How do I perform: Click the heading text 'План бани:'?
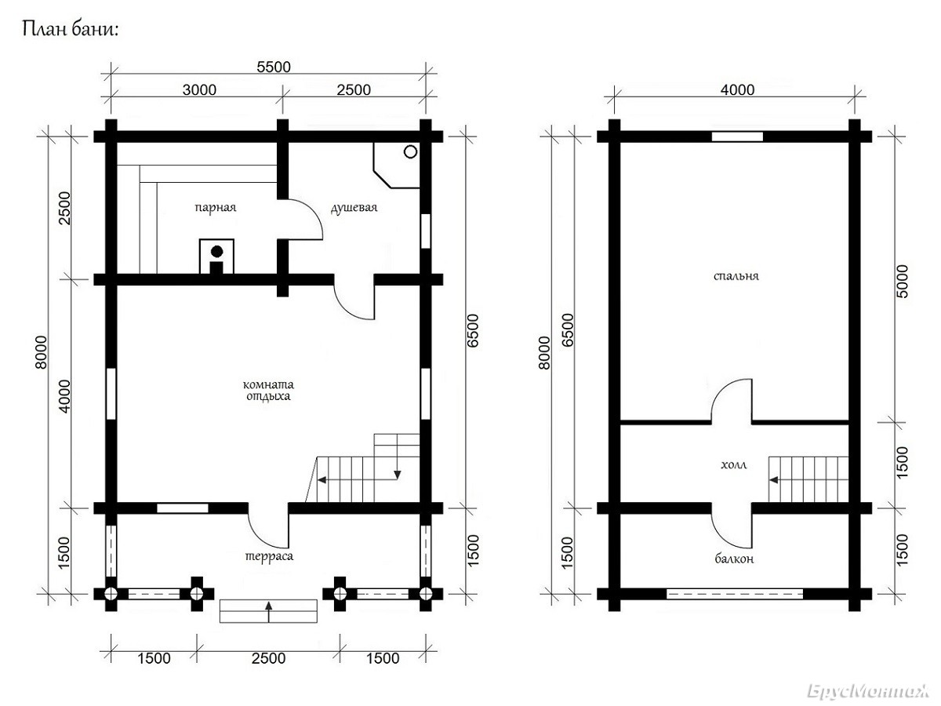(x=70, y=30)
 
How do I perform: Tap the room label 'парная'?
(x=215, y=208)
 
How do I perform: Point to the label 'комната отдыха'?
(x=268, y=390)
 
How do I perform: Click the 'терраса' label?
(x=269, y=557)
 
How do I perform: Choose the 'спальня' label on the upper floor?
(x=736, y=276)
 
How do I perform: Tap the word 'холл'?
(x=734, y=465)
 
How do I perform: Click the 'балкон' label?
(x=734, y=559)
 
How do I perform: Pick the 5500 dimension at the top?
(x=274, y=67)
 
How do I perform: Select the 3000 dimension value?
(x=199, y=90)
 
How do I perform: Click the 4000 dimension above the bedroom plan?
(x=737, y=90)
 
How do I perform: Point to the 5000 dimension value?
(x=902, y=282)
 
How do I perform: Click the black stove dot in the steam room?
(x=217, y=252)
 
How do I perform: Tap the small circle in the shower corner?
(x=410, y=151)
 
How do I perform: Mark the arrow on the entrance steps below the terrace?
(x=269, y=612)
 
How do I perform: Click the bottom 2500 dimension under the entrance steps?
(x=268, y=658)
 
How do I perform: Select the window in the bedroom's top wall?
(x=737, y=136)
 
